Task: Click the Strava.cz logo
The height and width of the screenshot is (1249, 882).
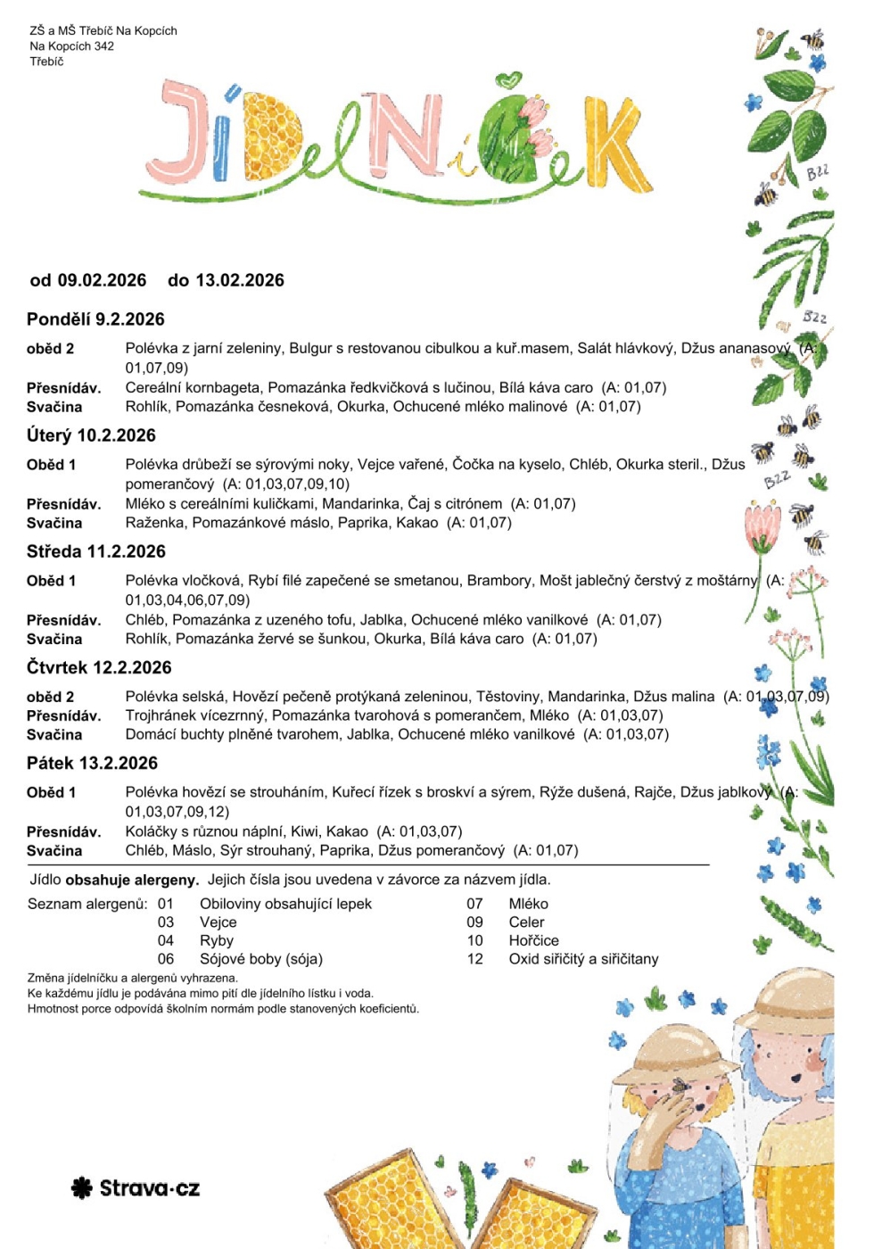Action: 136,1188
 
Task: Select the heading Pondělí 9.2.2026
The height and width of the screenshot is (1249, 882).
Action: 95,319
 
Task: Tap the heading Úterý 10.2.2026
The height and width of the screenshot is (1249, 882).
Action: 91,435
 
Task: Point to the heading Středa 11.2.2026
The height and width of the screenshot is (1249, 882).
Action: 96,551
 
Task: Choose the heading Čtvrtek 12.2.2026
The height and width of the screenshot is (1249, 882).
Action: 99,667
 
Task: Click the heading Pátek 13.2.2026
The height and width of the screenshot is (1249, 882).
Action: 92,763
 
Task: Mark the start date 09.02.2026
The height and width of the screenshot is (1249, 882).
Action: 102,280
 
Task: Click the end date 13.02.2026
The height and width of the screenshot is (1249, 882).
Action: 239,280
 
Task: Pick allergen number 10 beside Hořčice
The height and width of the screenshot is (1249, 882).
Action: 474,940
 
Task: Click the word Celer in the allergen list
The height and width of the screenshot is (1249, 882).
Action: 526,922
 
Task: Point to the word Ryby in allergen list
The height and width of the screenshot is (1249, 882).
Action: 217,940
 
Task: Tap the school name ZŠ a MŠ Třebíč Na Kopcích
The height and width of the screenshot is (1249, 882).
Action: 103,30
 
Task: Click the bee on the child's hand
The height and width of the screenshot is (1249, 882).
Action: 680,1086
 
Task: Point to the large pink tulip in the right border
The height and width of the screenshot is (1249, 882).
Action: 762,524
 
